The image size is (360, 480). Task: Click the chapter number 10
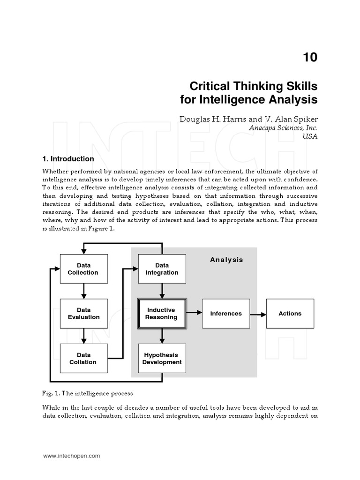[310, 57]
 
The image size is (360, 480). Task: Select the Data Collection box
[83, 269]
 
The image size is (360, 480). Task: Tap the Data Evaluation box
[83, 314]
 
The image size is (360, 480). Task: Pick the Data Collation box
[83, 359]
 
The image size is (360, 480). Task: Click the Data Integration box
[162, 269]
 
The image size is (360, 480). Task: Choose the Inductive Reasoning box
[162, 314]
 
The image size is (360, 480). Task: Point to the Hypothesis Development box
[162, 359]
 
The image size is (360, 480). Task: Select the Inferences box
[226, 314]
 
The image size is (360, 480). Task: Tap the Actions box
[290, 314]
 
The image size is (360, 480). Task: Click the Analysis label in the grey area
[226, 260]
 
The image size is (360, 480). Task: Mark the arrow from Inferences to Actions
[258, 314]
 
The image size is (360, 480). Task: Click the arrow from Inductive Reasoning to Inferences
[194, 314]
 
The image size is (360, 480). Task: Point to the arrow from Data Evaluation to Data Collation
[83, 336]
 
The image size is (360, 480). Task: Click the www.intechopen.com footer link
[71, 456]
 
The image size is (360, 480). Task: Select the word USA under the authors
[310, 136]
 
